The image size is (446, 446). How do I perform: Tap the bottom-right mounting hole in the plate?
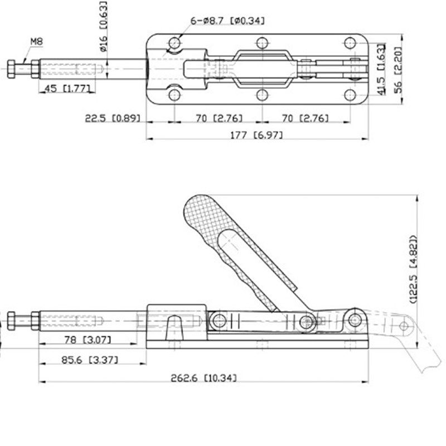pos(350,94)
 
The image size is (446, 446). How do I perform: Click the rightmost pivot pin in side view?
pos(355,319)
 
